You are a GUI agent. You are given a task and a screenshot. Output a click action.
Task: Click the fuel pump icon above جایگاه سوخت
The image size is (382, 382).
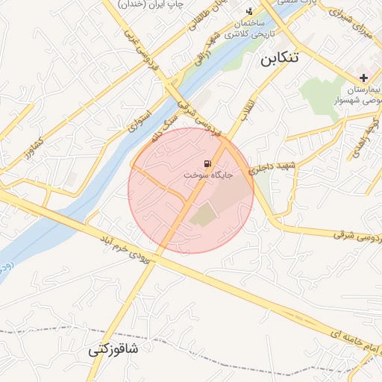point(206,163)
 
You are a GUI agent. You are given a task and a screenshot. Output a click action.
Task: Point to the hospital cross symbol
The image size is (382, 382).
point(363,78)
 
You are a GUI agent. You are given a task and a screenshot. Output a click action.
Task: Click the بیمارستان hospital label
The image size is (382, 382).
point(363,90)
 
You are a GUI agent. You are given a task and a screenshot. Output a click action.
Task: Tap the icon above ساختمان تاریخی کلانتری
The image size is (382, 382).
point(249,11)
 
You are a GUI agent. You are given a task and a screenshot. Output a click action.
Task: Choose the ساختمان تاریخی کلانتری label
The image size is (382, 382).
point(248,29)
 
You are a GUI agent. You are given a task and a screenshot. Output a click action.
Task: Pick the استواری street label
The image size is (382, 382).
point(140,120)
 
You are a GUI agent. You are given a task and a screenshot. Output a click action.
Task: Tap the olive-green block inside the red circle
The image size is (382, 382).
point(202,216)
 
